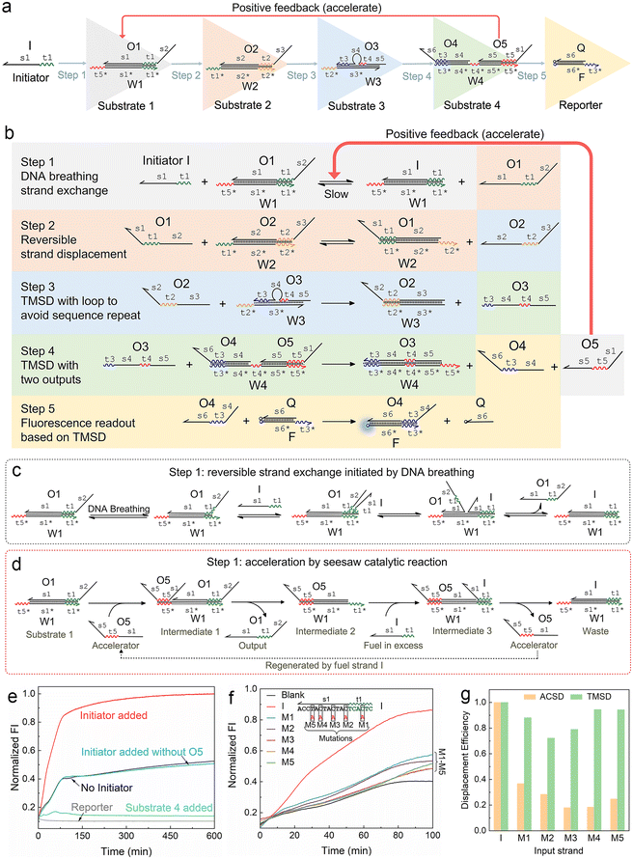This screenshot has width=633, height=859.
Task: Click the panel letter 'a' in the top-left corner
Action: pyautogui.click(x=7, y=8)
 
